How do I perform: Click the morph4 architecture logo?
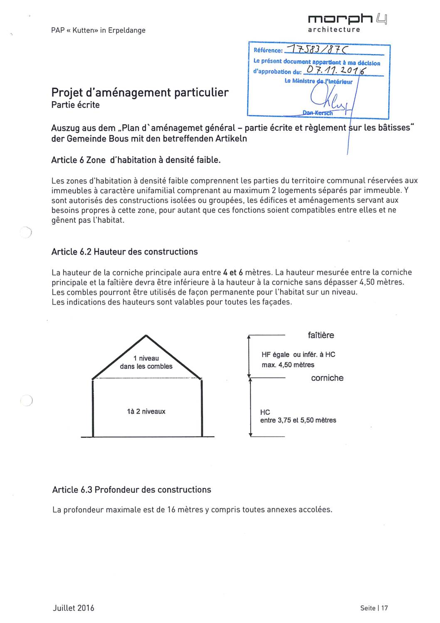(347, 23)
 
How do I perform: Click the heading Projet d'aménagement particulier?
(140, 92)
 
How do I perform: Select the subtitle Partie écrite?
(75, 105)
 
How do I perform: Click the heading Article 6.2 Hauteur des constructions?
(124, 252)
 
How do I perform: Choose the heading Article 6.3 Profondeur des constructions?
(131, 489)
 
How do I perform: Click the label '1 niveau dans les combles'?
(146, 362)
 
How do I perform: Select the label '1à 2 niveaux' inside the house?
(146, 411)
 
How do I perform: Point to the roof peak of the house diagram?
(146, 336)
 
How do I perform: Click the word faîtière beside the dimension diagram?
(321, 335)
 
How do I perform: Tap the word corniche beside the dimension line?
(327, 378)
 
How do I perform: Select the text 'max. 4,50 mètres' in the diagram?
(288, 365)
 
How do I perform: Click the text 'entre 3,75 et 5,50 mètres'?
(298, 420)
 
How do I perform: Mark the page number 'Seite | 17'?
(374, 608)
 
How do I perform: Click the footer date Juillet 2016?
(74, 608)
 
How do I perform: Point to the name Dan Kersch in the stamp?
(318, 113)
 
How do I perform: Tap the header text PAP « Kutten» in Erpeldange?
(98, 30)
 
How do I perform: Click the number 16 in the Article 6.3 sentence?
(171, 510)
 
